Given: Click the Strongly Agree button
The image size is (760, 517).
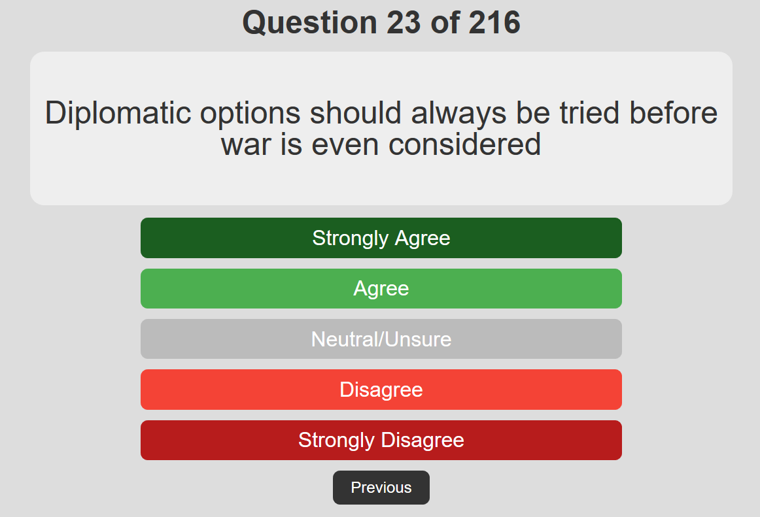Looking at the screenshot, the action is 381,238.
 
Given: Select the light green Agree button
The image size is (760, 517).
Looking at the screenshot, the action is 381,288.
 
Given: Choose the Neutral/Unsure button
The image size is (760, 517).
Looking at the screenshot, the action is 381,339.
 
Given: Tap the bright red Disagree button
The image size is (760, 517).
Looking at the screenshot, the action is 381,390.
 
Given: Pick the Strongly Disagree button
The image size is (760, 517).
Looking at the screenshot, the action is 381,440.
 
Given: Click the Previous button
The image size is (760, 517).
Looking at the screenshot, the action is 381,488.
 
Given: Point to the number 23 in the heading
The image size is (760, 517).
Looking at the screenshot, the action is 404,23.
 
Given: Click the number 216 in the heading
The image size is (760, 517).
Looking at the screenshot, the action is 494,23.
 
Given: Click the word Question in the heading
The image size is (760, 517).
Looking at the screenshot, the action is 310,24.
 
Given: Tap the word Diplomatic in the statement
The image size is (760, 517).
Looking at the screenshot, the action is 118,114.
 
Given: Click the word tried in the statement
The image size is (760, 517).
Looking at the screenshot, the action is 589,113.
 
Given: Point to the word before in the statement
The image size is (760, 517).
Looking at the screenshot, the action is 673,113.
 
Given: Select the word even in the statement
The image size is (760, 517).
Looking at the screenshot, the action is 345,145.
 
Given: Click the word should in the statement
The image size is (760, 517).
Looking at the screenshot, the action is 355,113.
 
